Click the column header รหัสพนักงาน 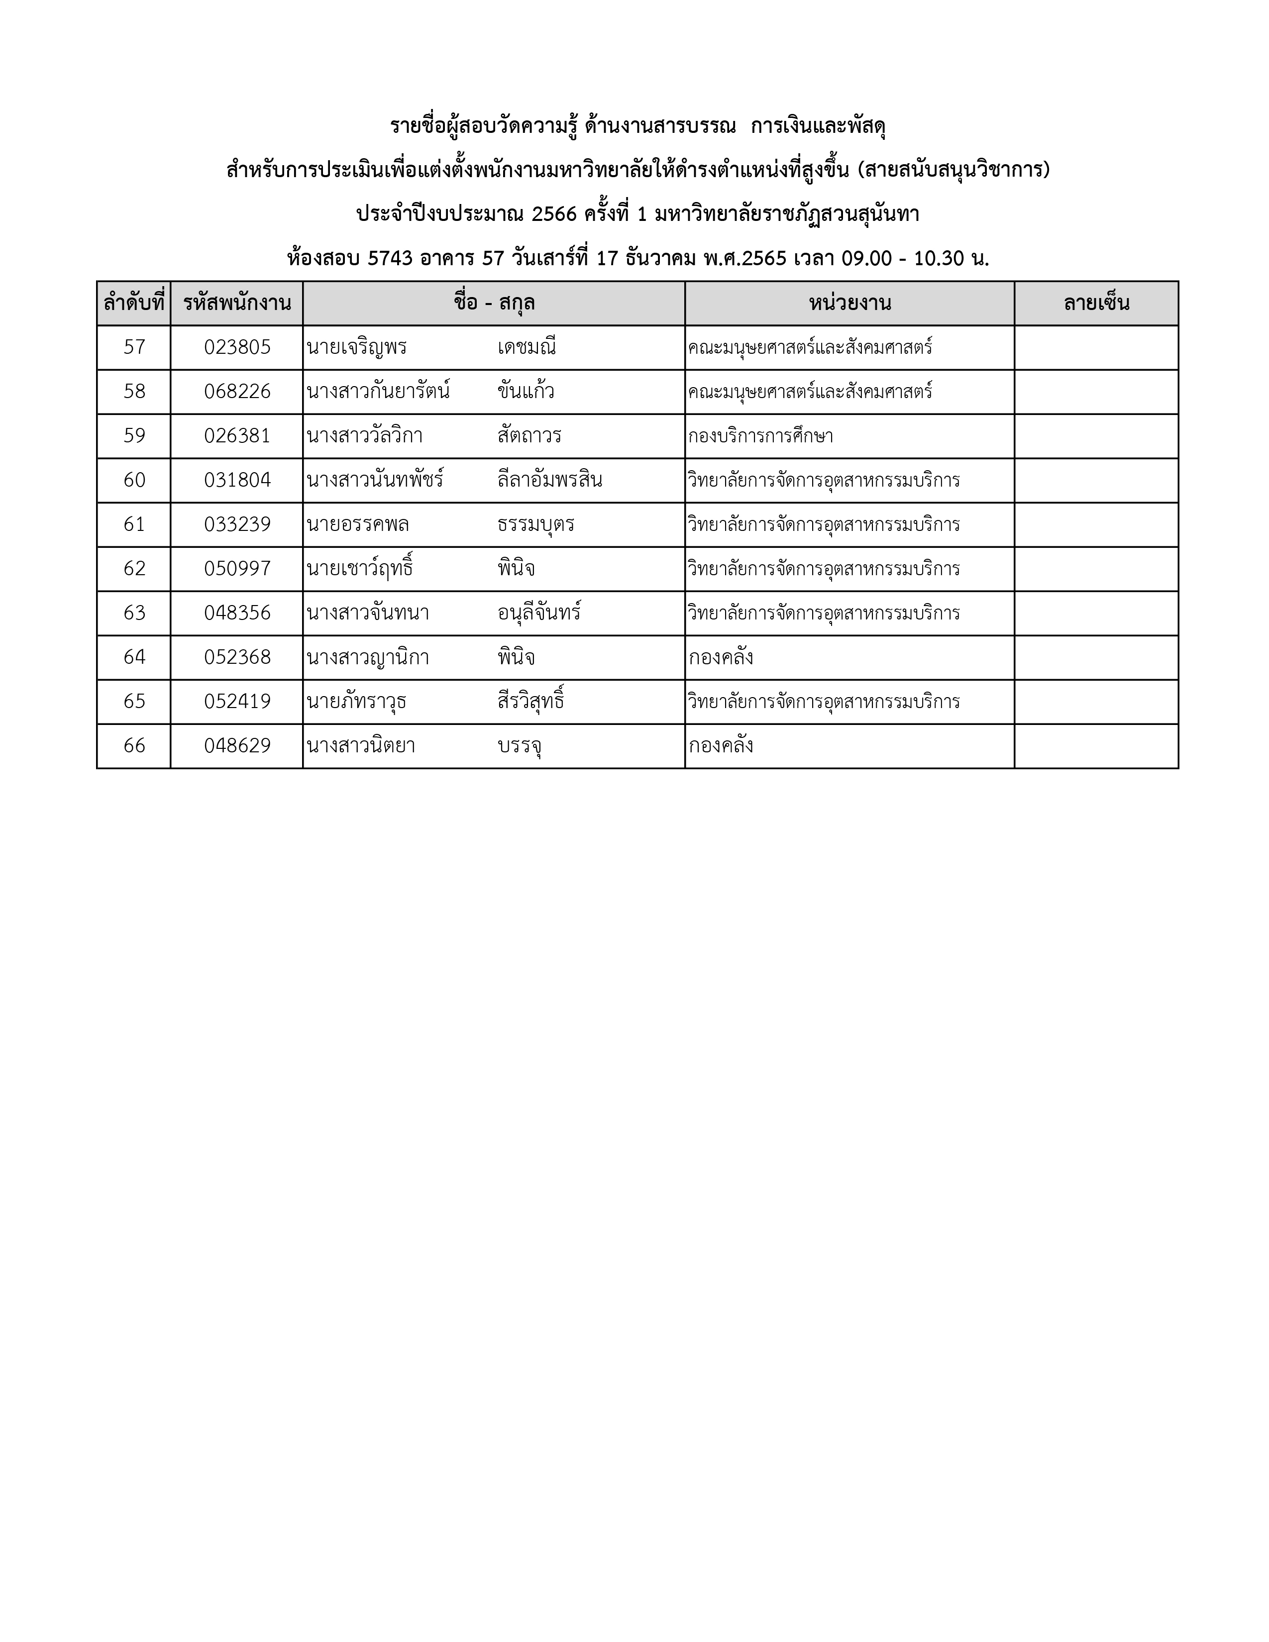click(237, 304)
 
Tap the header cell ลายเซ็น click(1096, 304)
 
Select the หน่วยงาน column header click(849, 304)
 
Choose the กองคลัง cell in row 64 click(720, 658)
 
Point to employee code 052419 click(237, 702)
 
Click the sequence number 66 click(134, 746)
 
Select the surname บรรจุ click(520, 746)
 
